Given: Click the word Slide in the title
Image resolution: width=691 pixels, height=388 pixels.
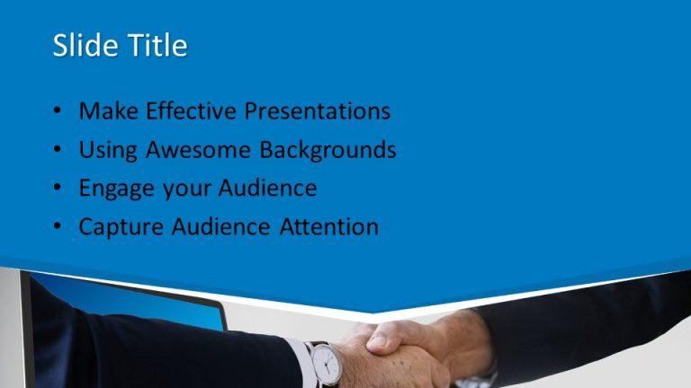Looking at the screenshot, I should click(84, 46).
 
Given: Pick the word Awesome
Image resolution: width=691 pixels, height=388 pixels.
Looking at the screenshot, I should click(200, 150).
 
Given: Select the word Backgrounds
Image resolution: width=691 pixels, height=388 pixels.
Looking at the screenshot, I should click(328, 150).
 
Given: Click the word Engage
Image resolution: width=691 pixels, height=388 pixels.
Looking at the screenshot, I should click(112, 190).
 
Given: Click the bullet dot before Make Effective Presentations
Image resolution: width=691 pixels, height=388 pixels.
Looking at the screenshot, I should click(58, 112).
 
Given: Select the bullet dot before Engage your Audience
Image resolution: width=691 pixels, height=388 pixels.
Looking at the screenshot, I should click(58, 190).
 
